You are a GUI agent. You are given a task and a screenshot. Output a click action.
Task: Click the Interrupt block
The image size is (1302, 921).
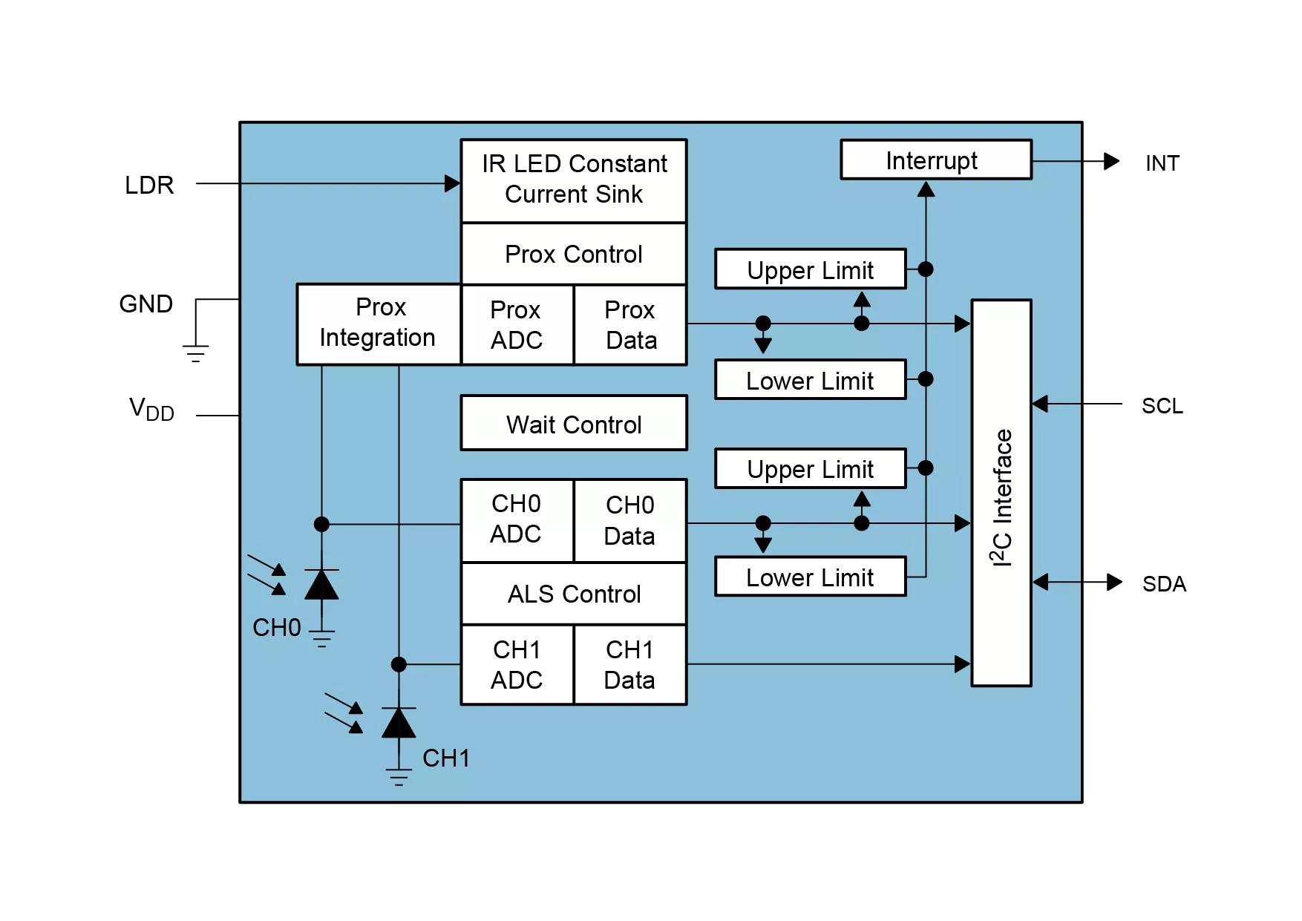click(936, 160)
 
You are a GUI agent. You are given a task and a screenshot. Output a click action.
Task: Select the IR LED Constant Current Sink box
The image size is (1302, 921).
click(574, 180)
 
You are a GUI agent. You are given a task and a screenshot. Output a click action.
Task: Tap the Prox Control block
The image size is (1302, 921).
click(574, 254)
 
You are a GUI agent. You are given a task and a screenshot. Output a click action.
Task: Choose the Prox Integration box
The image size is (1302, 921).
click(379, 324)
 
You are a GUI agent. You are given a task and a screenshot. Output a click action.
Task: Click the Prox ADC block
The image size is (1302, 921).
click(517, 325)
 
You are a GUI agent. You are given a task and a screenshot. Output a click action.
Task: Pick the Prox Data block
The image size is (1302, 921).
click(631, 325)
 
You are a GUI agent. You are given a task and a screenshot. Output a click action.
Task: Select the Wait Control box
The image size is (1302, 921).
click(574, 423)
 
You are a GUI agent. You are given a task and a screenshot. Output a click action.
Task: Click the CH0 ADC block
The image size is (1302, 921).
click(517, 520)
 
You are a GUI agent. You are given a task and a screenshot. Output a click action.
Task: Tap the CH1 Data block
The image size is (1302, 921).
click(631, 665)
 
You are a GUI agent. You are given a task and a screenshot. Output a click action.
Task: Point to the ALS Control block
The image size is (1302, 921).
click(574, 594)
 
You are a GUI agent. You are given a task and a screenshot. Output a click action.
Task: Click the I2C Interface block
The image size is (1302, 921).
click(1001, 493)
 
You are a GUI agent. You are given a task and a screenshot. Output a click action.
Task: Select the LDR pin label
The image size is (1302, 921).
click(149, 185)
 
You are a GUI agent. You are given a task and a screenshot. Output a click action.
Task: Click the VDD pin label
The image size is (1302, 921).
click(151, 409)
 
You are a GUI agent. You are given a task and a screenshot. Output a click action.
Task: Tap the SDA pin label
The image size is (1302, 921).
click(1164, 584)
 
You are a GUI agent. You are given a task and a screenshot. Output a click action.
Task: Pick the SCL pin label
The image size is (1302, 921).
click(1162, 406)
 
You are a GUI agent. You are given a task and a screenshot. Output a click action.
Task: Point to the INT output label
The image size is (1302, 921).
click(1162, 163)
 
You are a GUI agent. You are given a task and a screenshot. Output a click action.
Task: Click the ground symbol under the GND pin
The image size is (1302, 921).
click(196, 353)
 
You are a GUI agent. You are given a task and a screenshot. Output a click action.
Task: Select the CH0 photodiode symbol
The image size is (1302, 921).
click(321, 585)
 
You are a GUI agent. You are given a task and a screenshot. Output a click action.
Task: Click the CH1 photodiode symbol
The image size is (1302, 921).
click(399, 723)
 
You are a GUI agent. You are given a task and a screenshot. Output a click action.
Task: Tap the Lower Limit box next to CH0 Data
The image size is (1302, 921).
click(811, 577)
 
